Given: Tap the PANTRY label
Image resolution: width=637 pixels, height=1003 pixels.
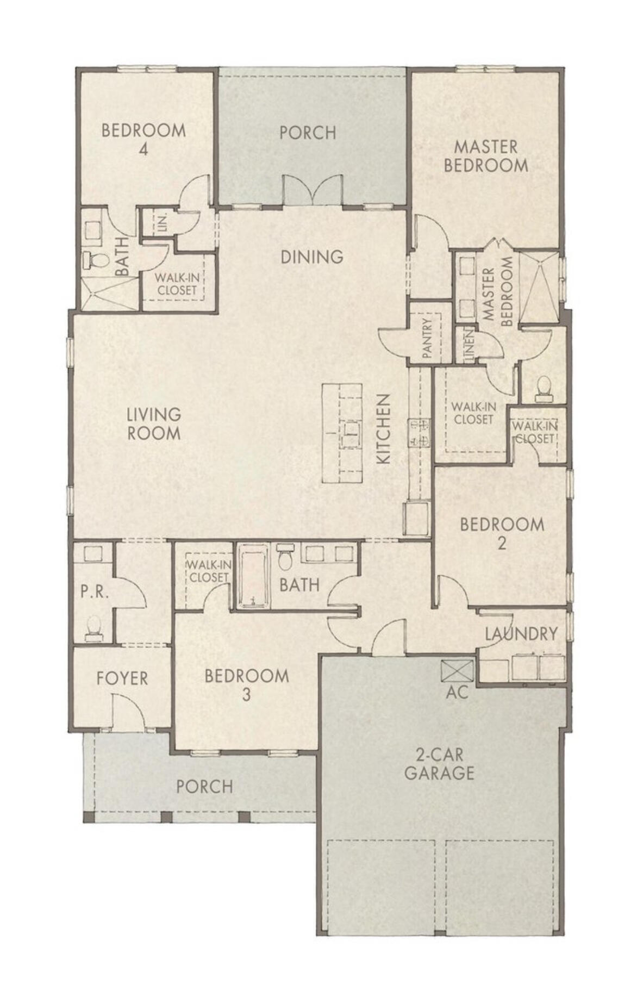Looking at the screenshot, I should click(x=427, y=339).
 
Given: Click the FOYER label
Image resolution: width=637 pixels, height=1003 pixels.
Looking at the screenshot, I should click(x=122, y=678).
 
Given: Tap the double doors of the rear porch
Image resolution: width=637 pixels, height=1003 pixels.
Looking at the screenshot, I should click(x=313, y=191).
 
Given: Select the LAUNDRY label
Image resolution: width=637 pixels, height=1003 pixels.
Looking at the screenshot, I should click(x=521, y=634).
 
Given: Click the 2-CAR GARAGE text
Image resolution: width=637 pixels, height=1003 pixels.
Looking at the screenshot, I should click(x=439, y=764).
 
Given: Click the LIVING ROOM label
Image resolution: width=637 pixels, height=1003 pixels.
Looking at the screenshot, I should click(x=154, y=424).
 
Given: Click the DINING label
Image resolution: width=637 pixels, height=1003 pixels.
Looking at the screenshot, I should click(x=312, y=257).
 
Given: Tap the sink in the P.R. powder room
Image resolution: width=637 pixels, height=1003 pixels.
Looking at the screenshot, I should click(x=93, y=553).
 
